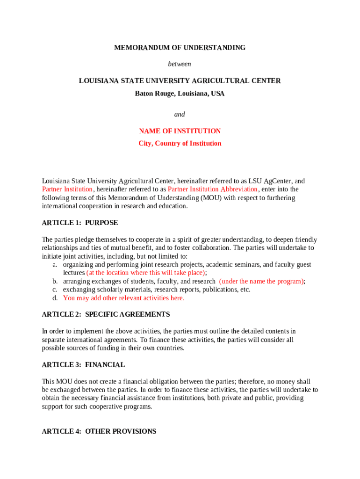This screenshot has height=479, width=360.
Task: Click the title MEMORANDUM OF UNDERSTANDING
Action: coord(180,48)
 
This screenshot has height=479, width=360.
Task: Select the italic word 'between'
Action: coord(180,64)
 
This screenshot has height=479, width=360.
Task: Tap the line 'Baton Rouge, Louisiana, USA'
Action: coord(180,94)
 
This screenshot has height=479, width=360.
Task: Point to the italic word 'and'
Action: coord(180,114)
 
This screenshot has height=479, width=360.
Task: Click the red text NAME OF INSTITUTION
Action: coord(180,131)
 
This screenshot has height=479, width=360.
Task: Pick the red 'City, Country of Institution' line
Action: coord(180,143)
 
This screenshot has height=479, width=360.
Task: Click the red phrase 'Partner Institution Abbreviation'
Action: coord(213,189)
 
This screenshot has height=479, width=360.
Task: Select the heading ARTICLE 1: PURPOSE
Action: coord(80,223)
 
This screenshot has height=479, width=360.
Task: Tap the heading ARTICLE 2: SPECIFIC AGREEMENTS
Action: coord(106,314)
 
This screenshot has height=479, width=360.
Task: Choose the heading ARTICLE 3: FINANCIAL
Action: coord(83,365)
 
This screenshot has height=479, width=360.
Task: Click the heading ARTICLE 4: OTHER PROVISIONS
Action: coord(99,431)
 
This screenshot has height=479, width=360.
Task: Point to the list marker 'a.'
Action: coord(55,265)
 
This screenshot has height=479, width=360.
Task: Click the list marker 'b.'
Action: coord(55,282)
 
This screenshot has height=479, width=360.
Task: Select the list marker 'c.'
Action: coord(55,290)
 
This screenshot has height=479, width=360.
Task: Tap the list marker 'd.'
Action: coord(55,298)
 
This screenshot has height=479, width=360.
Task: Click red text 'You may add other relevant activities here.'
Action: coord(124,298)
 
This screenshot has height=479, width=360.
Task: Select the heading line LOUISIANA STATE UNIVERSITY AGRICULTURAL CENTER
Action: coord(180,81)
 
